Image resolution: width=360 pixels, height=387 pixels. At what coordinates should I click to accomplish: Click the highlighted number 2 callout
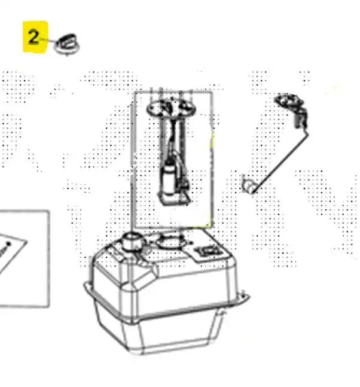click(35, 37)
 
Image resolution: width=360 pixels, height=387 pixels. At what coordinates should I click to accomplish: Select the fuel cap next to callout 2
click(67, 44)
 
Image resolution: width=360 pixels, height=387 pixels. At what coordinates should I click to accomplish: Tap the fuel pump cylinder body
click(169, 178)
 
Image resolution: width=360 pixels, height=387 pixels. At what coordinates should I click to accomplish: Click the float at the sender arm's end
click(249, 187)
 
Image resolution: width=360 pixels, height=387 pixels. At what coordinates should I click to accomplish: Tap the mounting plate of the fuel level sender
click(288, 100)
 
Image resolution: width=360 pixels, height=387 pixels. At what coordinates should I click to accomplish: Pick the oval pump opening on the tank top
click(170, 242)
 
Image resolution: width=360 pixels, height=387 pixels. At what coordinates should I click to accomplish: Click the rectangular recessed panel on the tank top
click(210, 251)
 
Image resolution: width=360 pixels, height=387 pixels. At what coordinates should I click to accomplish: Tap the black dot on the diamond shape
click(8, 244)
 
